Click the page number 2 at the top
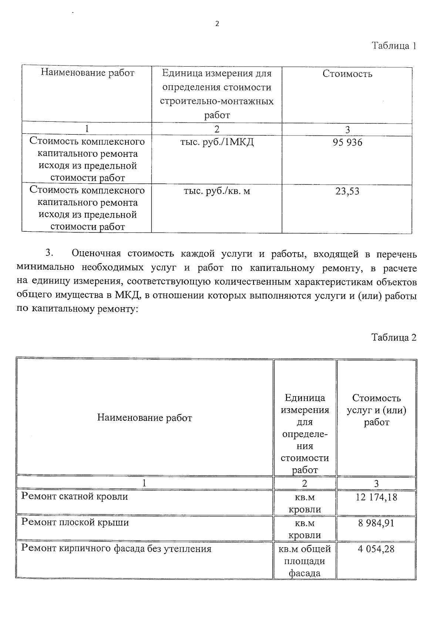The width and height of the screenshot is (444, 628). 217,24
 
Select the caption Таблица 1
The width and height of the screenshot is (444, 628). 394,46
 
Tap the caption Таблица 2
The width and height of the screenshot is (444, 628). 394,337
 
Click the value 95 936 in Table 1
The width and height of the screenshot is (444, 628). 347,142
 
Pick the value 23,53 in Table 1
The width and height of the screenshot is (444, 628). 347,191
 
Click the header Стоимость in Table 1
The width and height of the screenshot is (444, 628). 347,74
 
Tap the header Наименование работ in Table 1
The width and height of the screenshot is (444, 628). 87,73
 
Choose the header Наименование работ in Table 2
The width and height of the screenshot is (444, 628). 145,418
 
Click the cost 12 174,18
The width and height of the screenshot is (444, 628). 376,497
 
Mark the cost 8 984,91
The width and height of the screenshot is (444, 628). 376,523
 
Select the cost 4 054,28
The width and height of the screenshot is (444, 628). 376,549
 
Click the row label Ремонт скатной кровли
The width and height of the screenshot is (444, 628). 75,496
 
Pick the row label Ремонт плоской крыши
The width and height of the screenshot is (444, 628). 75,522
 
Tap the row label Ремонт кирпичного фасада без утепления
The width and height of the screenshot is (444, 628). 116,548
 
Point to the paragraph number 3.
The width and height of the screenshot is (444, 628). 50,253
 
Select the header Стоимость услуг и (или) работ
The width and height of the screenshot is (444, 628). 376,410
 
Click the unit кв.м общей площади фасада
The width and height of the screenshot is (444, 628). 305,561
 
